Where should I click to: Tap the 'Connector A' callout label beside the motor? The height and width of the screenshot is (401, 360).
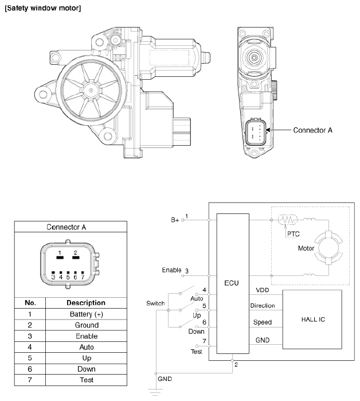(312, 130)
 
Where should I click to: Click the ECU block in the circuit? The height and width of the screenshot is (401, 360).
(233, 283)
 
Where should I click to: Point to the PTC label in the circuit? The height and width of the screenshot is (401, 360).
(295, 234)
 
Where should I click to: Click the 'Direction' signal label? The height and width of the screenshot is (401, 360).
(263, 306)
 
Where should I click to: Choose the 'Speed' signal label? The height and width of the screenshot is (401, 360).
(263, 322)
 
